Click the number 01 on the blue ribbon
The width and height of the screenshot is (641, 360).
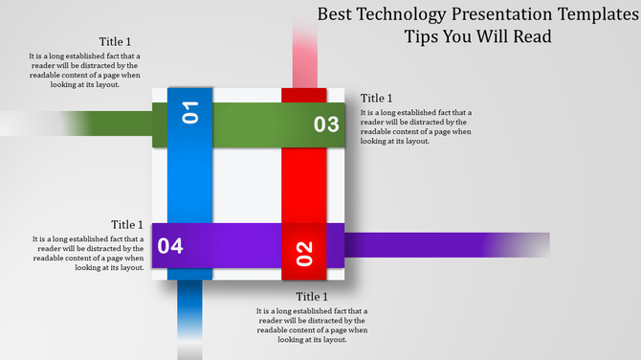point(190,112)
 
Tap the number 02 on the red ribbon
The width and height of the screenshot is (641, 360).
point(304,253)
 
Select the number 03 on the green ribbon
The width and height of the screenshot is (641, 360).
point(326,124)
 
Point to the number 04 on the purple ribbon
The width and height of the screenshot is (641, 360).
point(170,246)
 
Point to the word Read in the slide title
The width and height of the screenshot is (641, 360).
point(530,37)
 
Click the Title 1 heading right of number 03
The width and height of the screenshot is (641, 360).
point(377,99)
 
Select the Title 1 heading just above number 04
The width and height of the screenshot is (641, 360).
point(127,225)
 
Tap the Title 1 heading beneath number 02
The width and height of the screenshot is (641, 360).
point(312,297)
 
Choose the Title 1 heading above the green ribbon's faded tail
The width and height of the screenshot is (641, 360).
point(115,41)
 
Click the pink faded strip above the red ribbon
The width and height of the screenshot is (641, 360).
point(305,53)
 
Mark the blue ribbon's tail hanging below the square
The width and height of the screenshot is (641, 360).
point(189,316)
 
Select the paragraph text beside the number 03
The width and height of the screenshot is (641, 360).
point(415,126)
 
